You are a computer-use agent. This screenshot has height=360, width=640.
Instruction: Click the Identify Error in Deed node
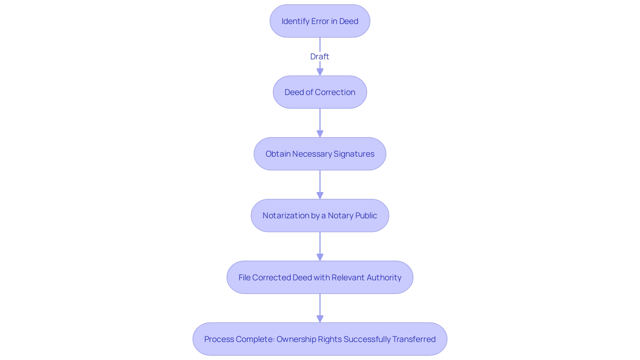(320, 21)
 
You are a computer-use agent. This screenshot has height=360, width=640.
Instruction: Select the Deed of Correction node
(320, 92)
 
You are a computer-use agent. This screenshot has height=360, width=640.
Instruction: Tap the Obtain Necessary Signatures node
(320, 154)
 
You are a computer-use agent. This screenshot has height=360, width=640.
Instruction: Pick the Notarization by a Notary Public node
(320, 215)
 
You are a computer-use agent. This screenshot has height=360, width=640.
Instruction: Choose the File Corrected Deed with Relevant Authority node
(320, 277)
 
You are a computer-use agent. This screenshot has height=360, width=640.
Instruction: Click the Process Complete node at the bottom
(320, 339)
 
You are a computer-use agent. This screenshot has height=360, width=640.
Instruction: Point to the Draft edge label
(320, 56)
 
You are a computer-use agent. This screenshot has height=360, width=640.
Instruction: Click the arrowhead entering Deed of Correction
(320, 72)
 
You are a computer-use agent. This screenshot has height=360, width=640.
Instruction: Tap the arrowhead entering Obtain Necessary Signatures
(320, 134)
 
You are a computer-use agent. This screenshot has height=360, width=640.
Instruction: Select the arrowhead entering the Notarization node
(320, 195)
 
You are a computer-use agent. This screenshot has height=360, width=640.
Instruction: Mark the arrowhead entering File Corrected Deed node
(320, 257)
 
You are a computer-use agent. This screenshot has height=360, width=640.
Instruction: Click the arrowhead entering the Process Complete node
(320, 319)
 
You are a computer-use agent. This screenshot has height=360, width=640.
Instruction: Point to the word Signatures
(354, 154)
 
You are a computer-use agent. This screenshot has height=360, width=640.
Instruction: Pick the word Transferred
(414, 339)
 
